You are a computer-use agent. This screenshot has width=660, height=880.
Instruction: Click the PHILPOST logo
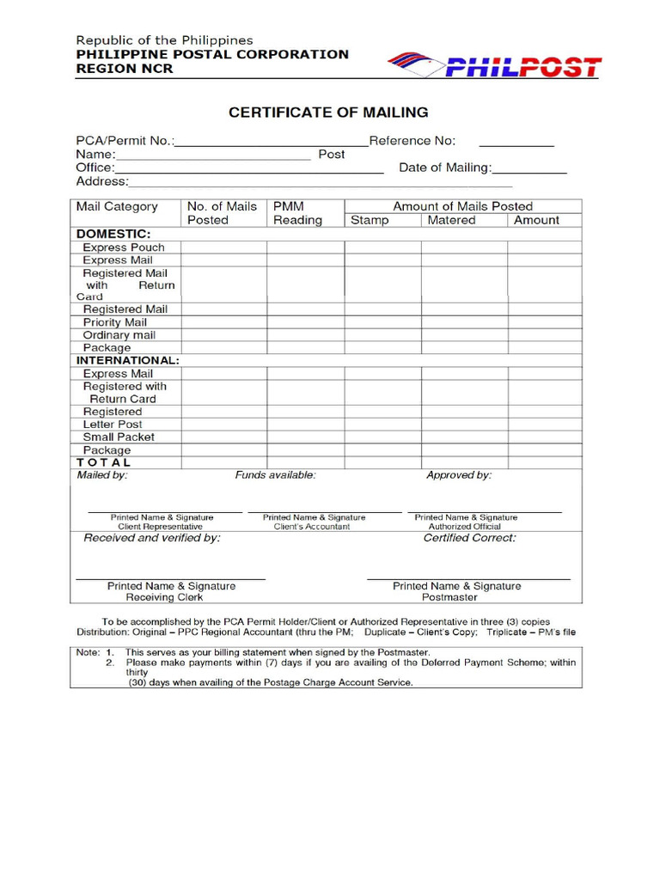(x=494, y=65)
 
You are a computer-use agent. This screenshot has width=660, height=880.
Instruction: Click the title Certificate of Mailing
(x=327, y=113)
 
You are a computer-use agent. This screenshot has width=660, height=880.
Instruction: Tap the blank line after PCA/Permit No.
(x=271, y=143)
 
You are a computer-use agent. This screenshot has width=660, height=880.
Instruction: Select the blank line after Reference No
(x=516, y=143)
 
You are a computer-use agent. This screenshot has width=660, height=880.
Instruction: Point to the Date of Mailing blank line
(x=529, y=170)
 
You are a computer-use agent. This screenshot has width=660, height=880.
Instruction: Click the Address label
(x=101, y=181)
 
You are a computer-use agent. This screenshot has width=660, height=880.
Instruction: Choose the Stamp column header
(x=370, y=220)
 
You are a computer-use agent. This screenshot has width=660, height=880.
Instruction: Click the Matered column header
(x=451, y=220)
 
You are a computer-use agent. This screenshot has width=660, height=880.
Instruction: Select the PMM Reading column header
(x=297, y=213)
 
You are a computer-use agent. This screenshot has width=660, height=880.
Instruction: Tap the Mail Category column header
(x=117, y=206)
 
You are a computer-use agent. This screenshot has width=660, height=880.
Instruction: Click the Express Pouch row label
(x=124, y=247)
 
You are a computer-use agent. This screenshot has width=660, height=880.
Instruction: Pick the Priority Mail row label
(x=115, y=322)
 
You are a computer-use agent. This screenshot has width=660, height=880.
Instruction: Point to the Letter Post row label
(x=113, y=425)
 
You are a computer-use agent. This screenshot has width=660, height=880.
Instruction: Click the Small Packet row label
(x=119, y=437)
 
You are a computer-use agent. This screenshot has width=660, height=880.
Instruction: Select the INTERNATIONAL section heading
(x=128, y=361)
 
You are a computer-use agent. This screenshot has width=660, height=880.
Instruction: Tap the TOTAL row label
(x=104, y=462)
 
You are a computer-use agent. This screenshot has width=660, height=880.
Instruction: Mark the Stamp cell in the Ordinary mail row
(x=382, y=335)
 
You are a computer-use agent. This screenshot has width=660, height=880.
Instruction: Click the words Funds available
(x=275, y=474)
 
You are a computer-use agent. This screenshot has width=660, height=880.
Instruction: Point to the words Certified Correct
(x=469, y=538)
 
